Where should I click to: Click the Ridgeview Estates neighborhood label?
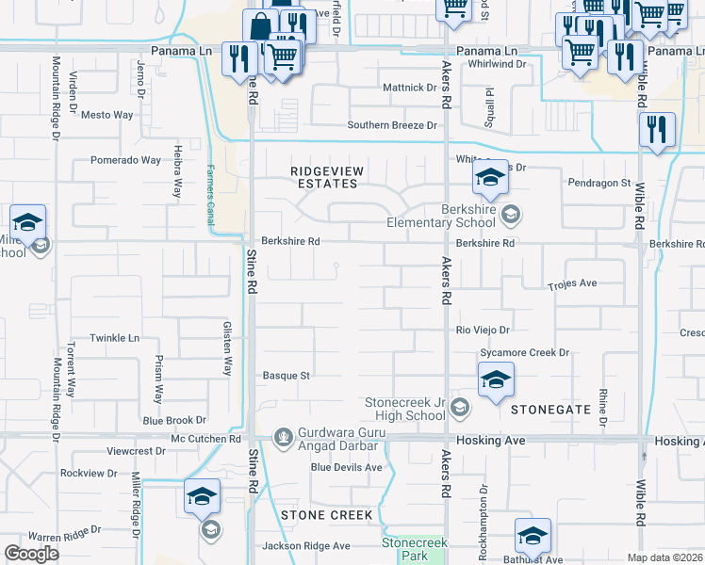tap(324, 176)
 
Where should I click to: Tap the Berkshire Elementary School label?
tap(441, 217)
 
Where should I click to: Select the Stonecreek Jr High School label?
tap(405, 409)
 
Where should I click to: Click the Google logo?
tap(31, 553)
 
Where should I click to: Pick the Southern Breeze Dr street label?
tap(393, 125)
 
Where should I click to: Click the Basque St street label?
tap(286, 375)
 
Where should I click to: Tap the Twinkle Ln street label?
tap(114, 338)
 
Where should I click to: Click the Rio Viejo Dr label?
tap(483, 331)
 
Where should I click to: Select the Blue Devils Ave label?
tap(346, 467)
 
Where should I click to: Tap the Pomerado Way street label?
tap(125, 160)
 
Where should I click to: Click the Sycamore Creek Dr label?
tap(525, 353)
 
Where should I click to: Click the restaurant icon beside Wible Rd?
tap(656, 132)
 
